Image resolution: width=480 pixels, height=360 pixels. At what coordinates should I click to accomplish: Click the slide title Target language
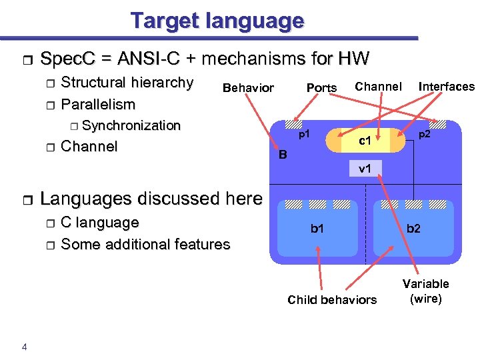pos(217,21)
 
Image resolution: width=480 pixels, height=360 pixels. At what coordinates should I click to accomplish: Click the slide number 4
pos(24,345)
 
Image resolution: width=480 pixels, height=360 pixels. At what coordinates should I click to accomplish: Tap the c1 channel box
pos(365,141)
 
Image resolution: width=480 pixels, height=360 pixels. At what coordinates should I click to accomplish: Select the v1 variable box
pos(365,168)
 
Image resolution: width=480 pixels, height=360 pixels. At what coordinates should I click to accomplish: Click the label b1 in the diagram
pos(317,229)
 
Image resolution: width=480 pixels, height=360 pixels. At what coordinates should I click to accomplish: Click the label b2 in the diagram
pos(413,229)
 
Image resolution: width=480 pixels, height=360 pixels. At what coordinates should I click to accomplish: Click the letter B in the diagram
pos(283,155)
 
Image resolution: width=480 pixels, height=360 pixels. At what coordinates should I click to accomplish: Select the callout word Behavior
pos(248,88)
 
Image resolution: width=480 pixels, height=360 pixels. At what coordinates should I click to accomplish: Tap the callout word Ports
pos(321,88)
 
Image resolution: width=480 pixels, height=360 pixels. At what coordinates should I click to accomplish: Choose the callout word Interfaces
pos(446,87)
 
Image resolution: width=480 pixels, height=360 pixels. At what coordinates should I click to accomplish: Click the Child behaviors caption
pos(332,299)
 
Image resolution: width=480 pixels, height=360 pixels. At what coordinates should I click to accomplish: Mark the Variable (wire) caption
pos(426,291)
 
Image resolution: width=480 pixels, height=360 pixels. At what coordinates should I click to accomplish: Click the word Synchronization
pos(131,125)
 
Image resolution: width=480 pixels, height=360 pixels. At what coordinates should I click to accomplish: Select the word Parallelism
pos(98,105)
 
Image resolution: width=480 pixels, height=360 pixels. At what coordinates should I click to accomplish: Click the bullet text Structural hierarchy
pos(127,83)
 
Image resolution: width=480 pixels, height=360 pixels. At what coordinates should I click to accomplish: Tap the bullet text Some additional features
pos(145,244)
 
